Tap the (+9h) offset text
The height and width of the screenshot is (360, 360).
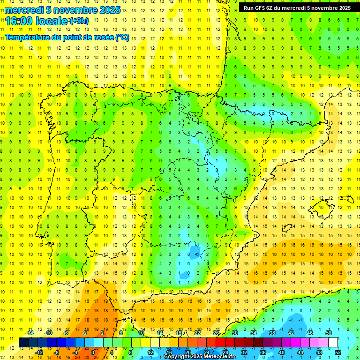(78, 21)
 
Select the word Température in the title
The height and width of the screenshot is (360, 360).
(28, 37)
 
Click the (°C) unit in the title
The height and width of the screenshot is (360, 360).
(122, 37)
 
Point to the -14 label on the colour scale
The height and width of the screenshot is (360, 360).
(30, 333)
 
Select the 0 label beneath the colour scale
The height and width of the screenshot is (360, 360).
(93, 352)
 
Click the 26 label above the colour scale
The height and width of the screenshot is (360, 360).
(216, 333)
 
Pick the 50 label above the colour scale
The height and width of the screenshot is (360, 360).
(328, 333)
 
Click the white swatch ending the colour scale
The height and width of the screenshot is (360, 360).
(333, 343)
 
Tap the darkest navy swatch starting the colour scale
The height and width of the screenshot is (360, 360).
(23, 343)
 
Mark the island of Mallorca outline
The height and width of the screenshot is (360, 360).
(322, 207)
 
